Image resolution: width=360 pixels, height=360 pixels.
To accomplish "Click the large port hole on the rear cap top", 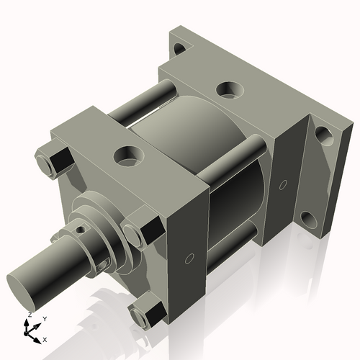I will tap(229, 89).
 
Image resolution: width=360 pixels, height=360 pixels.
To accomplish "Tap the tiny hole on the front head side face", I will tap(189, 258).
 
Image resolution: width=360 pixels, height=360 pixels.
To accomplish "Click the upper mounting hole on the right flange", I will tap(323, 135).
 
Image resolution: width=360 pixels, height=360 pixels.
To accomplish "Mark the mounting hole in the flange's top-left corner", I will tap(180, 49).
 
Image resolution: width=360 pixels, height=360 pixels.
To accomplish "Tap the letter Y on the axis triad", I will tap(44, 318).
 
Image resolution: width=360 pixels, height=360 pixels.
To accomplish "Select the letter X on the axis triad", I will tap(45, 338).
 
